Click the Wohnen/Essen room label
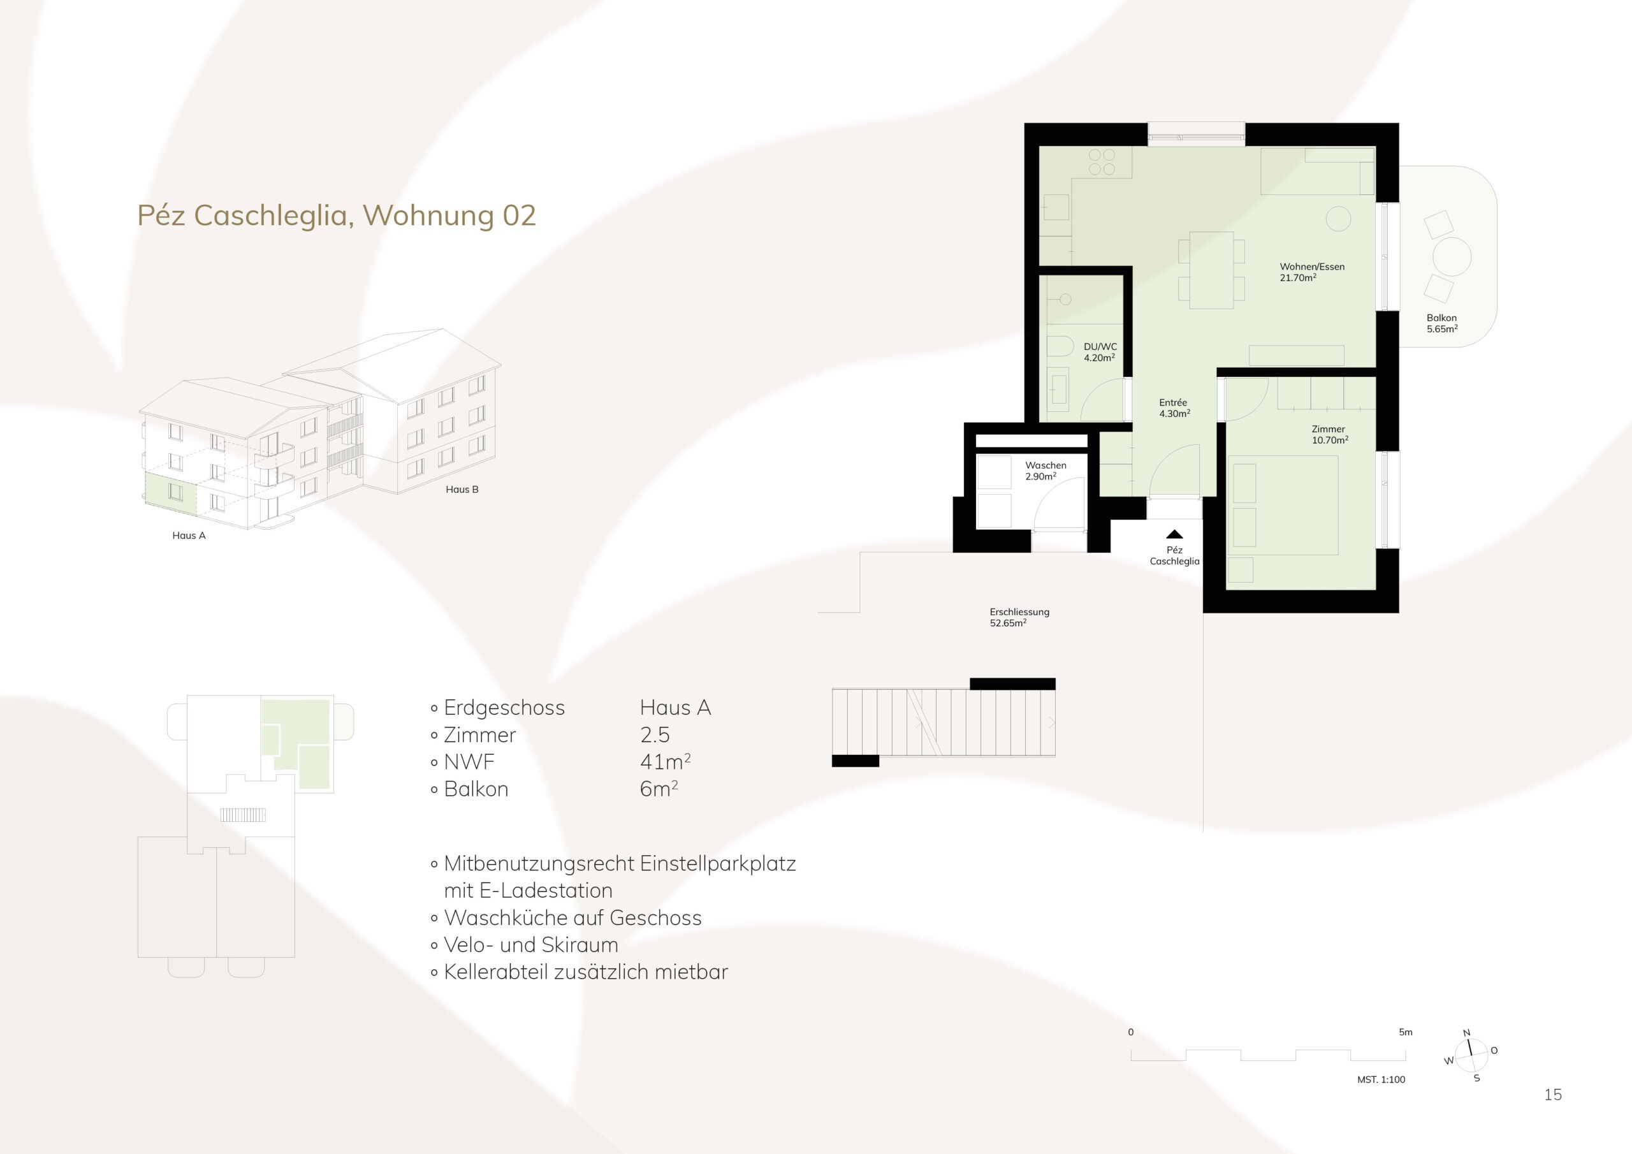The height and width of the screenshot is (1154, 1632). tap(1312, 272)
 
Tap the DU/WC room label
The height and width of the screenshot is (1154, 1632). tap(1100, 352)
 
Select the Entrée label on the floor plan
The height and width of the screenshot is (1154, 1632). tap(1174, 407)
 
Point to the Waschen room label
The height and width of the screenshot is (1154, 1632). tap(1045, 471)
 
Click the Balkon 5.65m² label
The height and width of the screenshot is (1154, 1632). tap(1441, 323)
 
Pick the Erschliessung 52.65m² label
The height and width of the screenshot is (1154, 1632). tap(1019, 617)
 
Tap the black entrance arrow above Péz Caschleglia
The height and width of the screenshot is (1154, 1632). tap(1174, 534)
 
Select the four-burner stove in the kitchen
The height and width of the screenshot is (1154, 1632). tap(1102, 161)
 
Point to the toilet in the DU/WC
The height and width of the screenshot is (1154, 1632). tap(1060, 347)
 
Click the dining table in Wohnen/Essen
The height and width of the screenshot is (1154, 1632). tap(1211, 270)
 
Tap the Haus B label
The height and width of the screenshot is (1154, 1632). tap(462, 489)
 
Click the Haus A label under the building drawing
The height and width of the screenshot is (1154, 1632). tap(189, 536)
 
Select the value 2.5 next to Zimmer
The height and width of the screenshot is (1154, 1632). tap(655, 734)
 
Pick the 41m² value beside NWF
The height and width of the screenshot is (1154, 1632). tap(666, 761)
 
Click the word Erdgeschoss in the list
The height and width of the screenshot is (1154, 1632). tap(504, 708)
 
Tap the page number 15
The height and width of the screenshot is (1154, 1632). tap(1553, 1095)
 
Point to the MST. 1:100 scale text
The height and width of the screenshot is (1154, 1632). tap(1381, 1079)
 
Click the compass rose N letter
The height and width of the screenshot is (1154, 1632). tap(1466, 1033)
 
